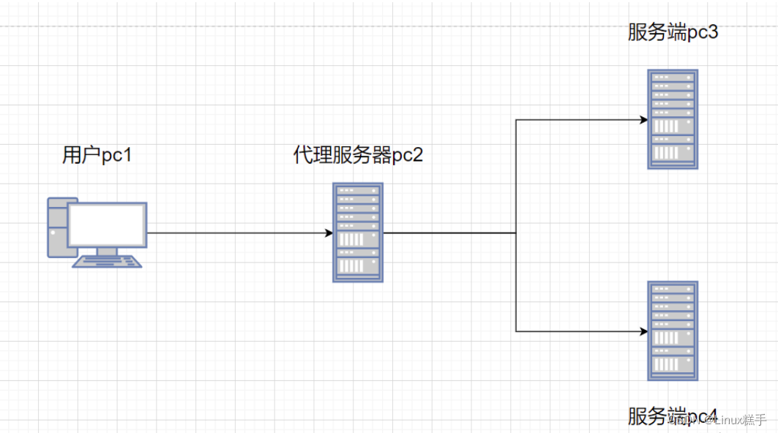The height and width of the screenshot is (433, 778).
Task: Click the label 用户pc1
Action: pyautogui.click(x=97, y=156)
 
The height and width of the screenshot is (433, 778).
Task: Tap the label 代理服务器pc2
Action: pyautogui.click(x=358, y=156)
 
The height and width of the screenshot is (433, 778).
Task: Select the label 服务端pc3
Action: pyautogui.click(x=672, y=33)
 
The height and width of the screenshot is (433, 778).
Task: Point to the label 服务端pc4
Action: pyautogui.click(x=672, y=416)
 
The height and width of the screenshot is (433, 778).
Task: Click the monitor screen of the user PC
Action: pyautogui.click(x=107, y=225)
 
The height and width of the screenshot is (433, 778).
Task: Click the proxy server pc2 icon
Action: pyautogui.click(x=358, y=233)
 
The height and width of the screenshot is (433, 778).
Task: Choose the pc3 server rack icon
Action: pyautogui.click(x=673, y=119)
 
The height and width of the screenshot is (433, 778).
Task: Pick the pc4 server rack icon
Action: pyautogui.click(x=673, y=331)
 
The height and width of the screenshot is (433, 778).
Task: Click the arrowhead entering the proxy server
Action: pyautogui.click(x=329, y=233)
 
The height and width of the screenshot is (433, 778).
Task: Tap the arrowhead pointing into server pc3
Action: pyautogui.click(x=643, y=119)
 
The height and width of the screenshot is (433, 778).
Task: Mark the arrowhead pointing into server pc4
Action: pyautogui.click(x=643, y=331)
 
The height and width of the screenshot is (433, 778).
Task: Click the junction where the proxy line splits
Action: pyautogui.click(x=516, y=233)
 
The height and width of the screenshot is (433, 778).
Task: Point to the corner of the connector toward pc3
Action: pyautogui.click(x=516, y=119)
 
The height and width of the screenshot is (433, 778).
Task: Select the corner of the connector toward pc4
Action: pyautogui.click(x=516, y=331)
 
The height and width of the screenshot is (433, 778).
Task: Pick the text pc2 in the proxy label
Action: pyautogui.click(x=408, y=156)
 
